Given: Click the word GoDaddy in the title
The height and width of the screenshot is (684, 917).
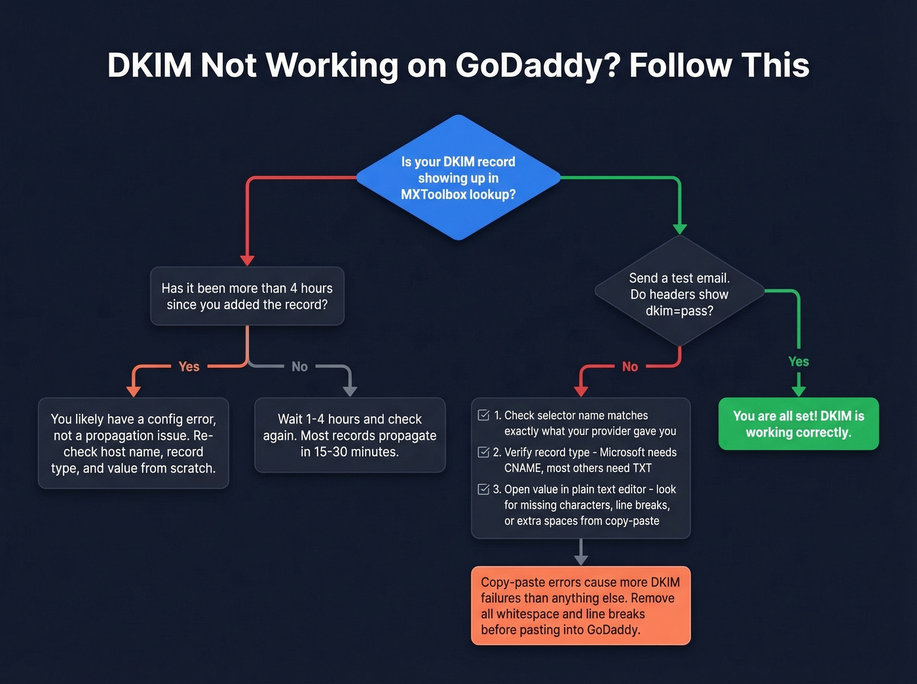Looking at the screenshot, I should [x=536, y=65].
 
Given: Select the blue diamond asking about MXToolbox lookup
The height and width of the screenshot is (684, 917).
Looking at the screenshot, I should [x=458, y=177].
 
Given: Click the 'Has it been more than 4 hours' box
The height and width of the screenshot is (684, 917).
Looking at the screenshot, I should [x=247, y=296].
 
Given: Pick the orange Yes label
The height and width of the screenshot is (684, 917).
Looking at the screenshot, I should [x=189, y=367].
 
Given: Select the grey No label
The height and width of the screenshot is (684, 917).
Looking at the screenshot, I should [x=299, y=367].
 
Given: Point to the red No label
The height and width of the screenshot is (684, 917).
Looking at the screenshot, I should [x=629, y=367].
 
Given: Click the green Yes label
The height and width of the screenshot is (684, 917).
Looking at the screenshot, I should [x=798, y=361].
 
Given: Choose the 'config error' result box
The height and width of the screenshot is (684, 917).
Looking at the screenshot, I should [x=134, y=443].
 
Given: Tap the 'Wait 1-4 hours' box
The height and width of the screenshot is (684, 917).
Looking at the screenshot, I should [x=350, y=435].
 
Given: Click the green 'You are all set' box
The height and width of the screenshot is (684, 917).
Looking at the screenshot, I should [x=798, y=423].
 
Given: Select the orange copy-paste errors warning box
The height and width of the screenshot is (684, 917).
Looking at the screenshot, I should [x=580, y=605].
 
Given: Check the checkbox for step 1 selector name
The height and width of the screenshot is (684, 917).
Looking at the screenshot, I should [x=484, y=416].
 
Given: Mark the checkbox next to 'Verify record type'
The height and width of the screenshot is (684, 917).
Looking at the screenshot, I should [x=484, y=452].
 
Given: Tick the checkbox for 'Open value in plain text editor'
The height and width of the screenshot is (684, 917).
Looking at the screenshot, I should [x=484, y=489].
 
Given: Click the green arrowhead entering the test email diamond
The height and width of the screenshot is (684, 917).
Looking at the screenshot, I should [x=680, y=228].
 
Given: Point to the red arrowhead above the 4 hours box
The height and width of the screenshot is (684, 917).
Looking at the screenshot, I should [x=247, y=261].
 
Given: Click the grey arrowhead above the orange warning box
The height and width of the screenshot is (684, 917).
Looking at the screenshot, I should [x=580, y=560].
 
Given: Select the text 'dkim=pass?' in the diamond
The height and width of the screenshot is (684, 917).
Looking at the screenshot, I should [x=679, y=311].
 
